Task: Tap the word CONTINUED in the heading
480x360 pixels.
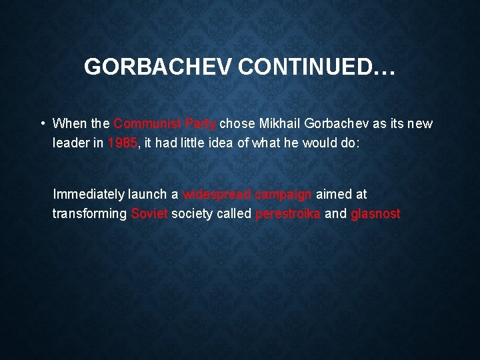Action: coord(309,67)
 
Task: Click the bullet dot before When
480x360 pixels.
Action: coord(42,123)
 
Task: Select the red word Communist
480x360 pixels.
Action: coord(147,123)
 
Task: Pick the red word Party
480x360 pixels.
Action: coord(200,123)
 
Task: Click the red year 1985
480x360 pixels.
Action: coord(123,143)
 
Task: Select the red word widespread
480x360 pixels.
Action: coord(216,195)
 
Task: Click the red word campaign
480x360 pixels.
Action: coord(283,195)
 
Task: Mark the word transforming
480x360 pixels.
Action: coord(89,214)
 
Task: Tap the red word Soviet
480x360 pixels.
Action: coord(149,214)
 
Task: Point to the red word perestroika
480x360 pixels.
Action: coord(287,214)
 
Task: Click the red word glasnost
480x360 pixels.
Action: coord(375,214)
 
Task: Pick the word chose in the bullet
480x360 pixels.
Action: coord(236,123)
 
